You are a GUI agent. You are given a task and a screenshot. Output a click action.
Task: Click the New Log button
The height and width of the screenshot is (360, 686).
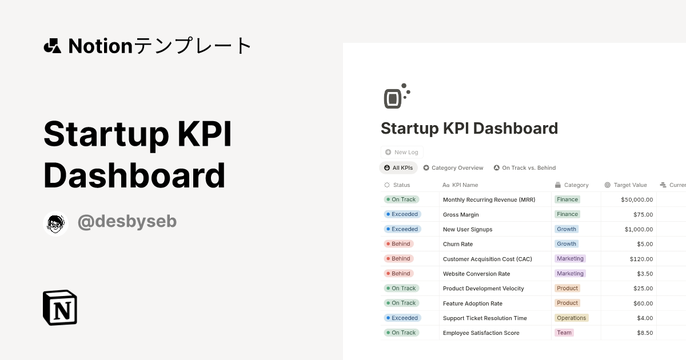[x=402, y=152]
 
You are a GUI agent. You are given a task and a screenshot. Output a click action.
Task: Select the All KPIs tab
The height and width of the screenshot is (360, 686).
[x=398, y=168]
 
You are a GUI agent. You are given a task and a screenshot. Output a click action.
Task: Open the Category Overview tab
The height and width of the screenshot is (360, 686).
[x=453, y=168]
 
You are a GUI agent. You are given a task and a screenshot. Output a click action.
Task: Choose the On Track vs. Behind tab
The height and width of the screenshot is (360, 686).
[x=525, y=168]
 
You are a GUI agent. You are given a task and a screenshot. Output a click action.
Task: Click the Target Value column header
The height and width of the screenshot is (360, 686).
[x=625, y=185]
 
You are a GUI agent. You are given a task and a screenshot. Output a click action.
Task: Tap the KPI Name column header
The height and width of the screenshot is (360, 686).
[x=460, y=185]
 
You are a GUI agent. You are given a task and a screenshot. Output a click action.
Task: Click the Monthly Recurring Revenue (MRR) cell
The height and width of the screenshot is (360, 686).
[x=489, y=199]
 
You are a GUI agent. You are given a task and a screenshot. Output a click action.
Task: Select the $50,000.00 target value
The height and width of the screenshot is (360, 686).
[x=637, y=199]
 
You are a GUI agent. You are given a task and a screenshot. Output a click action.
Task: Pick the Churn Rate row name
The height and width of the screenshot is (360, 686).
[x=458, y=244]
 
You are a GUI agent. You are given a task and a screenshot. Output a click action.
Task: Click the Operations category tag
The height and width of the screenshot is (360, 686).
[x=572, y=318]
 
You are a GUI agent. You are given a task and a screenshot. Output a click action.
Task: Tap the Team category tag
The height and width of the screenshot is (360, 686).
[x=564, y=333]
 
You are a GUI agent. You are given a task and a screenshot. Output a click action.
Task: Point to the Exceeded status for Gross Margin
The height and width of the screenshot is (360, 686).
[x=402, y=214]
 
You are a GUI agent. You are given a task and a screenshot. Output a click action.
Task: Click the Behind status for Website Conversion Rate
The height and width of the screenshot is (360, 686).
[x=399, y=273]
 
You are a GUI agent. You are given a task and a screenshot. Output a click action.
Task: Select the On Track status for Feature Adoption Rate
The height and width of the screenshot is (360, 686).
[x=401, y=303]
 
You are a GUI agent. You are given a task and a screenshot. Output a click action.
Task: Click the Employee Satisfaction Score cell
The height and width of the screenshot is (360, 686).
[x=481, y=333]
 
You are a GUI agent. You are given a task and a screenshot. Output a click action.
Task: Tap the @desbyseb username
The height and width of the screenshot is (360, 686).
[x=127, y=221]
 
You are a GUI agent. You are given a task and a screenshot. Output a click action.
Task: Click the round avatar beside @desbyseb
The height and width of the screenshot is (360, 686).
[x=55, y=224]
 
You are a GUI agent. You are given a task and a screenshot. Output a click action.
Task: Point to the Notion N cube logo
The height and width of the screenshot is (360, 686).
[x=60, y=307]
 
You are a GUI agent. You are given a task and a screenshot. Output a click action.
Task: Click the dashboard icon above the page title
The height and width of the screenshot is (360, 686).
[x=397, y=96]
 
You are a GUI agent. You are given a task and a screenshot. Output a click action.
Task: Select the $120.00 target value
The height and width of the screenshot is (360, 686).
[x=641, y=259]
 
